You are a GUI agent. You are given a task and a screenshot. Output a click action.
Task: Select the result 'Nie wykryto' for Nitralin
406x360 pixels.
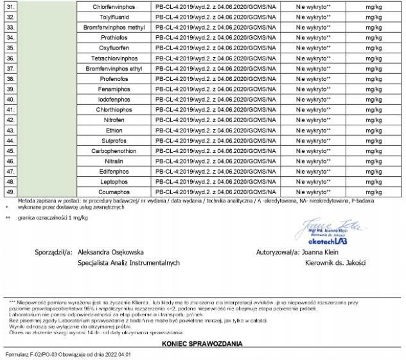[x=313, y=161]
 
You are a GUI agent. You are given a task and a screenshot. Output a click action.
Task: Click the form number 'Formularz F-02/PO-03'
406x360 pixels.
[x=32, y=354]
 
